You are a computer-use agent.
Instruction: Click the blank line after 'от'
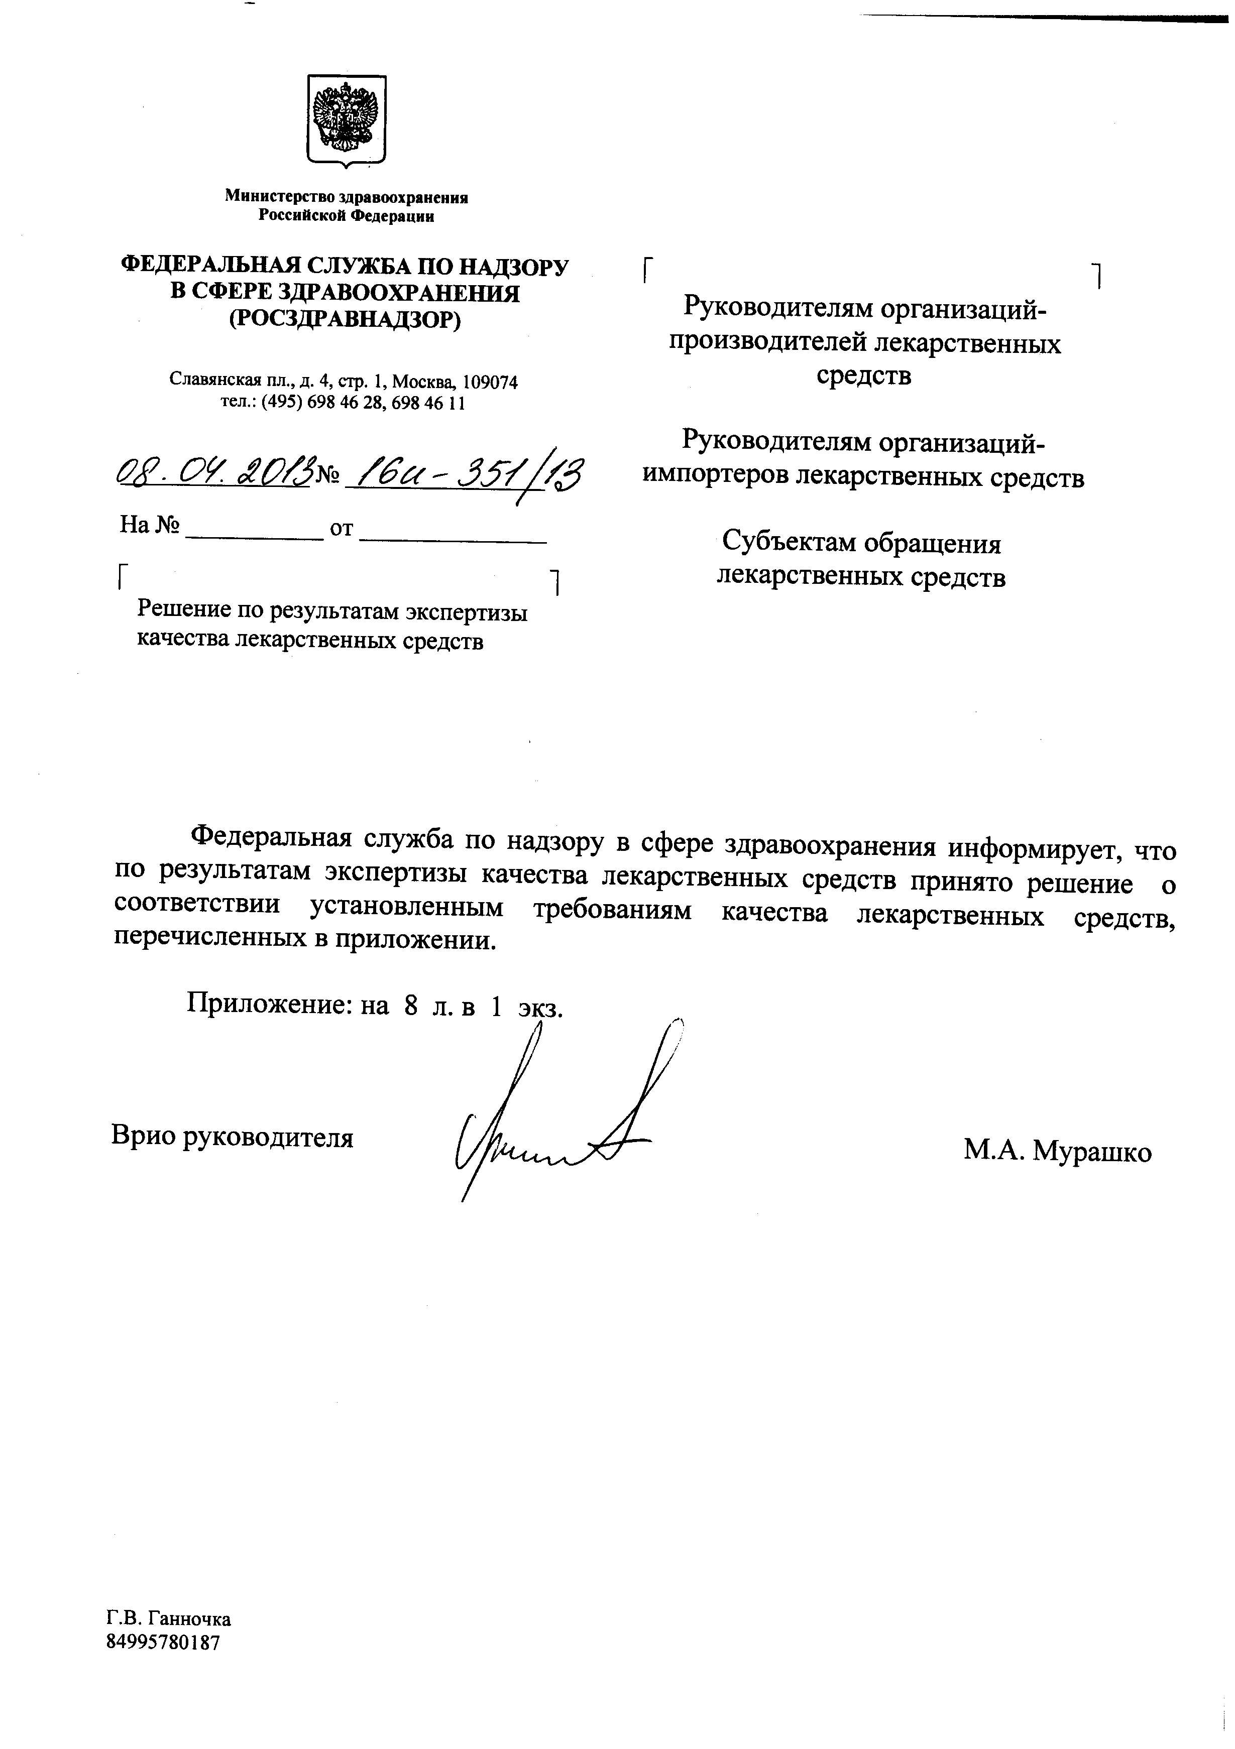(x=453, y=539)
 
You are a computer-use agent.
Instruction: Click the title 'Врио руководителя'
(x=233, y=1138)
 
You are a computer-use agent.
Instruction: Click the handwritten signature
(x=556, y=1120)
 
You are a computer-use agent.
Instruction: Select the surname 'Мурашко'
(x=1092, y=1151)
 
